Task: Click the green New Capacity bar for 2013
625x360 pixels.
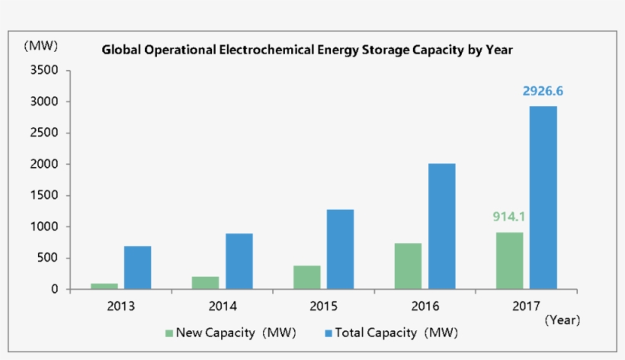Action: (104, 286)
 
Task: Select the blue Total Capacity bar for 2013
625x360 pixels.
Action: (137, 268)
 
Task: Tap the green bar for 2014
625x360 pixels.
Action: (206, 283)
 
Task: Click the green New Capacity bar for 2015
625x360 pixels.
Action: (307, 278)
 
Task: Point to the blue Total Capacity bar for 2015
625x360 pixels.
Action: (340, 249)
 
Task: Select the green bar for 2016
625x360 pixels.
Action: (409, 266)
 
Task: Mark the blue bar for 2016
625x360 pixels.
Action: (441, 227)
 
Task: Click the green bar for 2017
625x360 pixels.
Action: (510, 261)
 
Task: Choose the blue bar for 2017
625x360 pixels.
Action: (543, 198)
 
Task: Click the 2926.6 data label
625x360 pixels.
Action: (543, 92)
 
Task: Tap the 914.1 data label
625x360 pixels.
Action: (509, 217)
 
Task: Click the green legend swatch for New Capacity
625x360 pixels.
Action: (169, 333)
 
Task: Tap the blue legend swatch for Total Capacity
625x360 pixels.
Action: (329, 333)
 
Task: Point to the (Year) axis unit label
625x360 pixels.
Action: (562, 320)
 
